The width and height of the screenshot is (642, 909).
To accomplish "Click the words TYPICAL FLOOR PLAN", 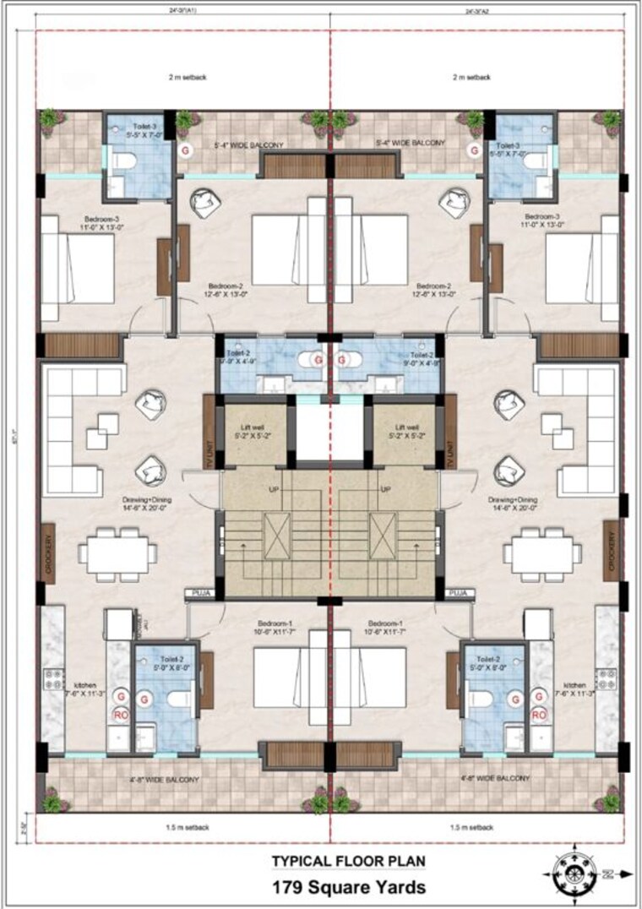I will click(348, 862).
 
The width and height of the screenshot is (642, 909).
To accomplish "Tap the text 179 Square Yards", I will click(348, 887).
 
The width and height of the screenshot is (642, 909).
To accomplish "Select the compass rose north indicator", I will click(575, 869).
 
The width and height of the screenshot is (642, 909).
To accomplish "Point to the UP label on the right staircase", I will click(386, 489).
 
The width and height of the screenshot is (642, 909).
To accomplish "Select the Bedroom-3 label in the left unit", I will click(78, 220).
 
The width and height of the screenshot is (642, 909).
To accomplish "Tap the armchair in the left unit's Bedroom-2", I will click(205, 202).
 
